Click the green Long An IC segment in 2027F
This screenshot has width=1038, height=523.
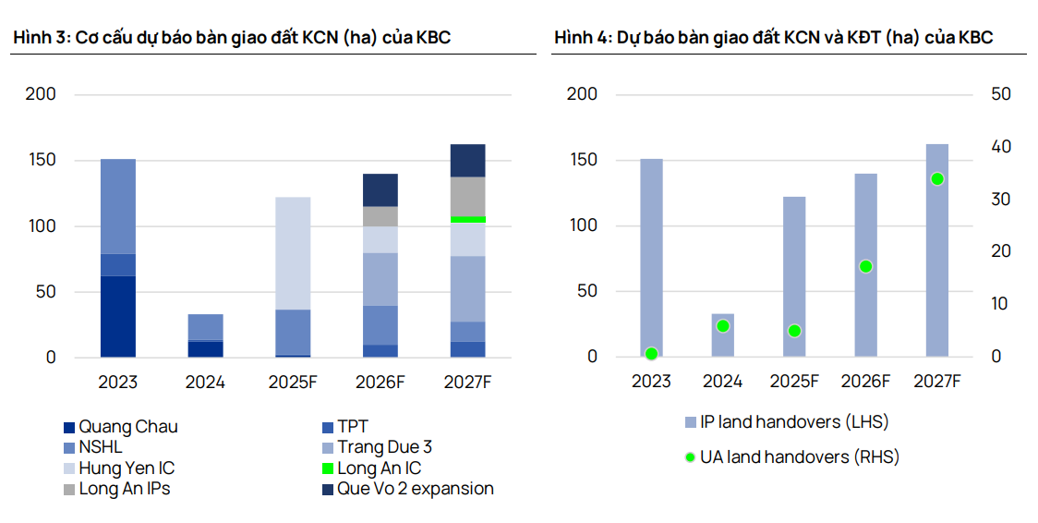pos(467,219)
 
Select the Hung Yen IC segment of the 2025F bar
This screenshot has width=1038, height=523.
pos(293,253)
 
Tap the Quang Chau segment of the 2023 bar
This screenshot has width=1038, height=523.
pos(118,316)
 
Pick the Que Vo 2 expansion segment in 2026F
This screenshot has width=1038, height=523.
pos(380,189)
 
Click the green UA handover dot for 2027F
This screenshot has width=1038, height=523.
pos(937,179)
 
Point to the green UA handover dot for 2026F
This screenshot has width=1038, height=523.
pos(865,266)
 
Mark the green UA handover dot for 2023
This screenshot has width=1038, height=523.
pos(651,354)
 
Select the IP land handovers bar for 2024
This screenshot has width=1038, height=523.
pos(723,335)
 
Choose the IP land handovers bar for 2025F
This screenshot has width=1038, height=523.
pos(794,276)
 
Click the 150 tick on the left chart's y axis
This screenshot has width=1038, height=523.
pos(42,160)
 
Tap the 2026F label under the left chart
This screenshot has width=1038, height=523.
pos(380,382)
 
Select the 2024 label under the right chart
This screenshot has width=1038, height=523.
pos(723,381)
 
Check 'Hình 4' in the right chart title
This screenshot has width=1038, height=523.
pos(580,38)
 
